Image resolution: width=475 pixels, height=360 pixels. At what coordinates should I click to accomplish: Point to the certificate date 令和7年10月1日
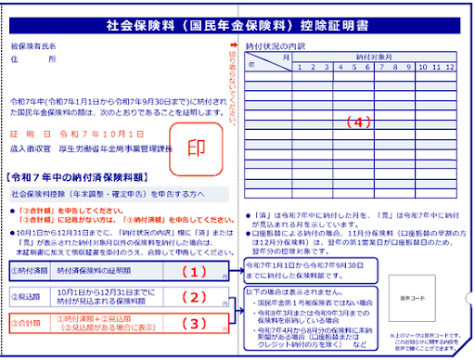(74, 133)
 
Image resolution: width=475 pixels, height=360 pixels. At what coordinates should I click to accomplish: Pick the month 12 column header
(450, 67)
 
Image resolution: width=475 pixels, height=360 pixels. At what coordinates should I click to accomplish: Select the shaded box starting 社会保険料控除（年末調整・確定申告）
(117, 195)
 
